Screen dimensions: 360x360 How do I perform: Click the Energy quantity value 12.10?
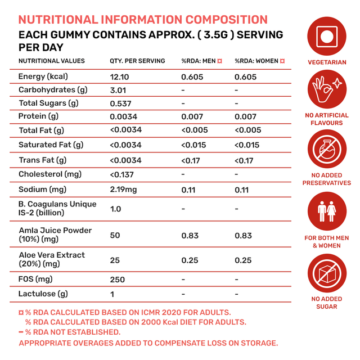click(120, 76)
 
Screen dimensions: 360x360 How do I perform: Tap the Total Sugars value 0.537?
click(120, 103)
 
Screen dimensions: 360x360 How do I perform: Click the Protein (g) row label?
click(38, 116)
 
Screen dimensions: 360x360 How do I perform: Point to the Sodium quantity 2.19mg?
click(123, 190)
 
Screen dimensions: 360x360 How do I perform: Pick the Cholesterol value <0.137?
click(122, 174)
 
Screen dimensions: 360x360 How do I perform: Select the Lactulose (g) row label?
click(43, 294)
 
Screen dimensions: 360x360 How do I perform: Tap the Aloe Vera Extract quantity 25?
click(115, 260)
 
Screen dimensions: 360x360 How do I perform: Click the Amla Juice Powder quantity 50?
click(115, 235)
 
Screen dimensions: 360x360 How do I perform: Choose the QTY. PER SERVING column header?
click(137, 61)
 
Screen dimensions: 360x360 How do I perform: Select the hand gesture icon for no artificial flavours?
click(326, 90)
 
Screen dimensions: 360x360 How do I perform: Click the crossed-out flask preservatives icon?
click(326, 150)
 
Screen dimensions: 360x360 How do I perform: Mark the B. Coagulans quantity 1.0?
click(115, 209)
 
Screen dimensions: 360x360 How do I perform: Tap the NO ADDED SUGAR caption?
click(326, 303)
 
